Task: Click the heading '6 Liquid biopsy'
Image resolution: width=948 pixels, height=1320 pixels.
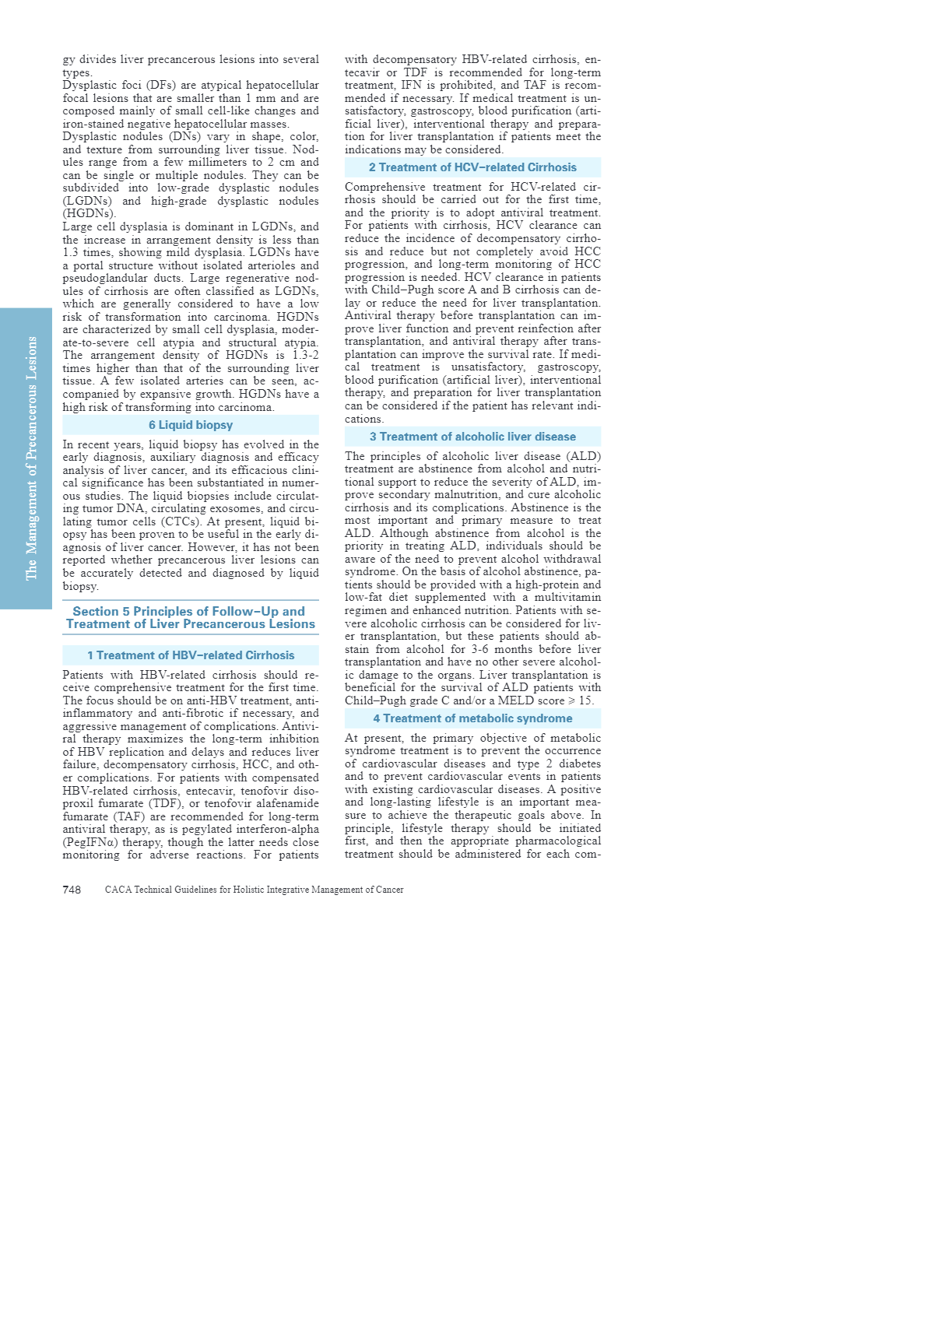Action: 191,425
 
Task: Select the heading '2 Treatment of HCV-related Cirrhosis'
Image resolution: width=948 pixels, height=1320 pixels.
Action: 472,167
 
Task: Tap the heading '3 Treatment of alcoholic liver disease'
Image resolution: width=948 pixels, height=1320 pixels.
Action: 472,437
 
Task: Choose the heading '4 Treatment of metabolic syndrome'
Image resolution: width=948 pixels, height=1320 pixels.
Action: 472,718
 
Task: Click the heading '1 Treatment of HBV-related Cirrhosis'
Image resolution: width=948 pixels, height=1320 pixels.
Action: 191,655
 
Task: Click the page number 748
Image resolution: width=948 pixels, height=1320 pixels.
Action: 72,890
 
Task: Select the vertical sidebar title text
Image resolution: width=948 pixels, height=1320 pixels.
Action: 31,458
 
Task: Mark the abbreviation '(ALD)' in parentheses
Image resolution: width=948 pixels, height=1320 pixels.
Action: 583,456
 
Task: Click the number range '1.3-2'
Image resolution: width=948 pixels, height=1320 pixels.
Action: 305,355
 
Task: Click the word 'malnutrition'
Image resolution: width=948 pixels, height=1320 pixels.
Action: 461,494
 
